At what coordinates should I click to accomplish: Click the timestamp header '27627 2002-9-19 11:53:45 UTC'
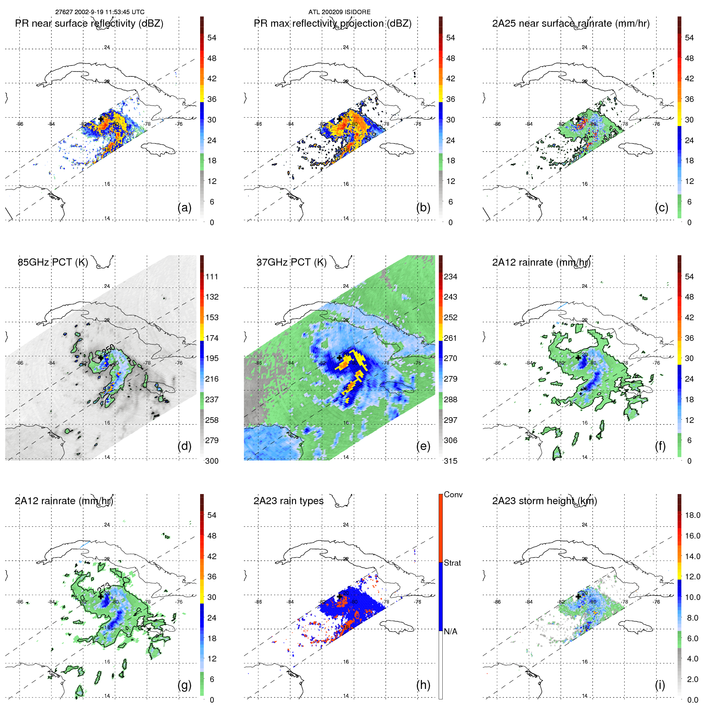(x=100, y=12)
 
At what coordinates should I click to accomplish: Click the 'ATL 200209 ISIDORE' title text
(x=339, y=12)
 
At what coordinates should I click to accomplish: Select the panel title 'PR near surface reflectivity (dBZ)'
(x=89, y=23)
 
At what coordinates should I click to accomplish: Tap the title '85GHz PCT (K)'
(x=53, y=262)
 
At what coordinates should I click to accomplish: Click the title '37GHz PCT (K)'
(x=291, y=262)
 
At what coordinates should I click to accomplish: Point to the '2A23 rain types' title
(x=288, y=501)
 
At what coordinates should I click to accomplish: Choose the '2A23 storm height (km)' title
(x=545, y=501)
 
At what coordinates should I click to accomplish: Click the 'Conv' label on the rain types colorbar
(x=453, y=494)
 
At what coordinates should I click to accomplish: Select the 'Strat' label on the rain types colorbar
(x=452, y=563)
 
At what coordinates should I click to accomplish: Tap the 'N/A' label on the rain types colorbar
(x=450, y=632)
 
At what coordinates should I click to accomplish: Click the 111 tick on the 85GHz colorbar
(x=212, y=277)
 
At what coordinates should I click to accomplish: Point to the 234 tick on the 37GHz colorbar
(x=450, y=277)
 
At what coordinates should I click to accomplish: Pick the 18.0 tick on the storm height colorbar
(x=692, y=515)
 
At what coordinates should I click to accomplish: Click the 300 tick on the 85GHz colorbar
(x=212, y=461)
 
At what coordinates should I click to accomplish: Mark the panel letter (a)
(x=184, y=207)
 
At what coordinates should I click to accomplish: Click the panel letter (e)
(x=423, y=446)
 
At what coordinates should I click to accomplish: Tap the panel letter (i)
(x=660, y=685)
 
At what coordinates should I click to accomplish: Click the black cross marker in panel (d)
(x=101, y=358)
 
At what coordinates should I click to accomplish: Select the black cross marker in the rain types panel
(x=340, y=596)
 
